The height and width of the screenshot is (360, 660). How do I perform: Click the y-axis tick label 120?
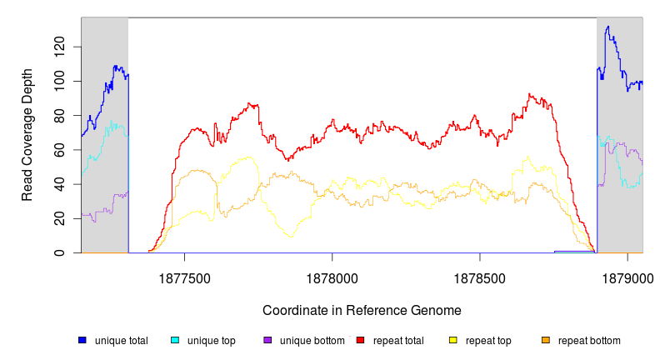61,47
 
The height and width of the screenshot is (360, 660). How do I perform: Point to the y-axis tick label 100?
61,81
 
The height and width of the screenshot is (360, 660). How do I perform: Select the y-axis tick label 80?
61,115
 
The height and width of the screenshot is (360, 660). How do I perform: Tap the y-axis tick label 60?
61,149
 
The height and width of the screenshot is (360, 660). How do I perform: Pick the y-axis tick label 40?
61,184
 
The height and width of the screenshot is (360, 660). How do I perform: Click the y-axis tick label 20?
61,218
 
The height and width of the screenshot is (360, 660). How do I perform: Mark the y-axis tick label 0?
61,252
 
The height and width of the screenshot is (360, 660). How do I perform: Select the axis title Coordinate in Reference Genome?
362,310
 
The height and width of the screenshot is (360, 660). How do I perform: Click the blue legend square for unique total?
82,340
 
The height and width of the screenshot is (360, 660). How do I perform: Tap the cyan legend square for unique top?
175,340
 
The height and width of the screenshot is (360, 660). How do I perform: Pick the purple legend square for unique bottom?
267,340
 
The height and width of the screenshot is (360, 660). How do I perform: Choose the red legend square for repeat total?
361,340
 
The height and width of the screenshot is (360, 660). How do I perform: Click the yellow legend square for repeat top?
453,340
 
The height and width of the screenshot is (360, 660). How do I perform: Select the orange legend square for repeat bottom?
546,340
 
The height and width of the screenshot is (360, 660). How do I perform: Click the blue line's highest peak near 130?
607,27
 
